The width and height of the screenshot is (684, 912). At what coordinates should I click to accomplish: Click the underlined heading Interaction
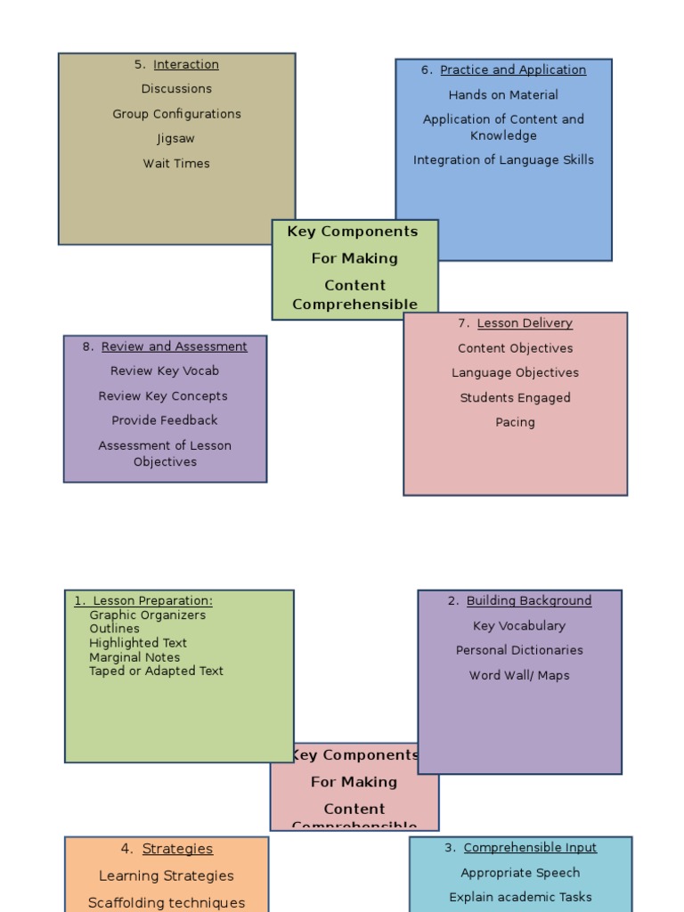(x=185, y=64)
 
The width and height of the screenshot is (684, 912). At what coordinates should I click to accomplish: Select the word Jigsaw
(x=175, y=139)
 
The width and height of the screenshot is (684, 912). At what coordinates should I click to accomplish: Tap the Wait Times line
(x=176, y=164)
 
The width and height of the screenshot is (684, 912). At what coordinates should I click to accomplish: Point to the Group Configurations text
(x=176, y=114)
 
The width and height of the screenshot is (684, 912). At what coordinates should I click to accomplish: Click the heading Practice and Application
(x=512, y=69)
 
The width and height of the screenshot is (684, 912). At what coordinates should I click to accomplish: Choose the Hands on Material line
(x=503, y=95)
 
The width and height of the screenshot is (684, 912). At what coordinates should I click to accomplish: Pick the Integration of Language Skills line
(x=503, y=160)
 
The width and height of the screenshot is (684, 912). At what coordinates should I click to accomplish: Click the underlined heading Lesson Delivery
(x=525, y=323)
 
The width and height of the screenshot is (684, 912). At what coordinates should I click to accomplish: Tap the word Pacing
(x=515, y=422)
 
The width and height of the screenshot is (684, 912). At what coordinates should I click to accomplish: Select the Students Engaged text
(x=515, y=398)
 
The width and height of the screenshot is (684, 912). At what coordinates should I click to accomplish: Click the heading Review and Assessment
(x=174, y=346)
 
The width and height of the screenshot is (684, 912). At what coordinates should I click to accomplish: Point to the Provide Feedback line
(x=165, y=420)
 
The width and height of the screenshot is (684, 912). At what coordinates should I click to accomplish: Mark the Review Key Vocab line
(x=165, y=370)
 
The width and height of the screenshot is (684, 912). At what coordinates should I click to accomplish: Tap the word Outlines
(x=115, y=629)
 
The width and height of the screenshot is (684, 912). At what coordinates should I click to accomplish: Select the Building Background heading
(x=528, y=601)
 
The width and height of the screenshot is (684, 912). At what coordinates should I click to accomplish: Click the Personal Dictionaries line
(x=519, y=650)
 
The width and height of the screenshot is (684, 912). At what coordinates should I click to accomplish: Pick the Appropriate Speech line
(x=520, y=873)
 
